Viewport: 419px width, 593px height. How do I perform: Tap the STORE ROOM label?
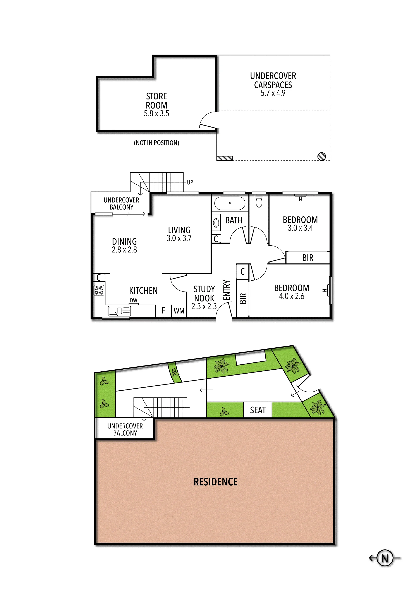[156, 101]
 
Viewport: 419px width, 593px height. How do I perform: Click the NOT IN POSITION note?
[156, 143]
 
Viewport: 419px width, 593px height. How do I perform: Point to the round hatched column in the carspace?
[321, 156]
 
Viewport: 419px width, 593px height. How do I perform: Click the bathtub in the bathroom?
[230, 203]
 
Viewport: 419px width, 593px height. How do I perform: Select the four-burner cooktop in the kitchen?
[99, 290]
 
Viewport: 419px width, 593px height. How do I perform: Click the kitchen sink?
[120, 311]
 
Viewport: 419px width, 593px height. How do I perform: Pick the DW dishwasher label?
[134, 300]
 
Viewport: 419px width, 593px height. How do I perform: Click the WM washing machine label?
[179, 311]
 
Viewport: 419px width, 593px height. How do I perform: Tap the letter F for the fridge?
[163, 310]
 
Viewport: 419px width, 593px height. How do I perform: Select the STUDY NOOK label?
[204, 294]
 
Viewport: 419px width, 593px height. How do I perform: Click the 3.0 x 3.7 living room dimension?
[179, 238]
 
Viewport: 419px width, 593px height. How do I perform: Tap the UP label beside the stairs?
[190, 182]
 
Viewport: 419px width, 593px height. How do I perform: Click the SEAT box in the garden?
[258, 410]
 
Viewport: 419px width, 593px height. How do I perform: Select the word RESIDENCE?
[216, 482]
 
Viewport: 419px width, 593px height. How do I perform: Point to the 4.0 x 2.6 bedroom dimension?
[292, 296]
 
